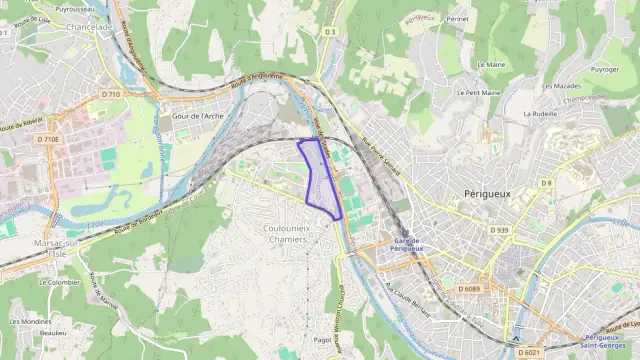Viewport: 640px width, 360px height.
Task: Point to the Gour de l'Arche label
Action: click(x=198, y=116)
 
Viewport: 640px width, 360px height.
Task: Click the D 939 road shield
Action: click(x=500, y=230)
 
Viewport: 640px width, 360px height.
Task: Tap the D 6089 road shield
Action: click(x=470, y=288)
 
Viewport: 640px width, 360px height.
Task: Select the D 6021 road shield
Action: click(x=530, y=351)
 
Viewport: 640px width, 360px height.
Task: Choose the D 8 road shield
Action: click(x=547, y=183)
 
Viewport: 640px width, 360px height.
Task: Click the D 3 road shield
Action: click(x=329, y=32)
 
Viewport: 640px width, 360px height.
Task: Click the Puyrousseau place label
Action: click(x=74, y=7)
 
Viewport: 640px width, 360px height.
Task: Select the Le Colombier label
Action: click(x=59, y=282)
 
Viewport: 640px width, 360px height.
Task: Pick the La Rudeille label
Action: click(x=540, y=113)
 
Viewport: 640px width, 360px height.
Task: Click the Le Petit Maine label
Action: click(x=479, y=92)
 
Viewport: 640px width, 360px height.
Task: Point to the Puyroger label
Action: click(x=604, y=70)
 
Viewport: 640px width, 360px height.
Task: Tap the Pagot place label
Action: click(x=323, y=340)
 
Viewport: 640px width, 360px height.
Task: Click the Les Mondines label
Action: click(x=30, y=321)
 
